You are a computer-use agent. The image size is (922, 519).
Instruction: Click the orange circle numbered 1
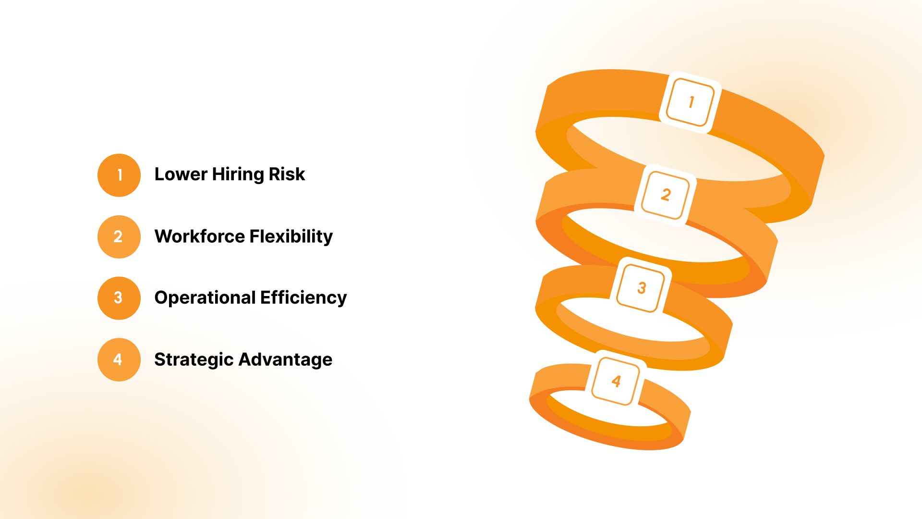point(119,175)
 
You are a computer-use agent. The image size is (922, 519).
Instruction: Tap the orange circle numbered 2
point(119,236)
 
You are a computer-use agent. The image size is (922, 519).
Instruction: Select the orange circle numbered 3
point(119,298)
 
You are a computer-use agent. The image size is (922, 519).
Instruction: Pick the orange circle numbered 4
point(119,359)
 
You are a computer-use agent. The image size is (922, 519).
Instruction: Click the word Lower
point(181,174)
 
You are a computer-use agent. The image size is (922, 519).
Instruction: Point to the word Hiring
point(238,174)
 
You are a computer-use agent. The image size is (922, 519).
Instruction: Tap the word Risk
point(287,174)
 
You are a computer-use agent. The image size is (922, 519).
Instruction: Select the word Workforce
point(199,236)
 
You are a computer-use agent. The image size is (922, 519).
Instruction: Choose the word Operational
point(205,298)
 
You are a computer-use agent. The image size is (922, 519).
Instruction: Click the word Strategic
point(194,359)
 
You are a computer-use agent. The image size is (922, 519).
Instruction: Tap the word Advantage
point(285,359)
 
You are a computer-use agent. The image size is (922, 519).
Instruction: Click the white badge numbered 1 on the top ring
point(691,102)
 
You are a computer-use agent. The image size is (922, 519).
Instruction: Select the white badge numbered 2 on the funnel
point(666,195)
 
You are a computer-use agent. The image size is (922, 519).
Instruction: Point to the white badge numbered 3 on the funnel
point(641,288)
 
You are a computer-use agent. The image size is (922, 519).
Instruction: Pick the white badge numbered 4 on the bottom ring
point(616,381)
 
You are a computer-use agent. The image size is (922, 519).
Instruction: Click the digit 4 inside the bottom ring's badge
point(616,381)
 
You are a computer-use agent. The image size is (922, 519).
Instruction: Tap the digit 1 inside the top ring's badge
point(691,102)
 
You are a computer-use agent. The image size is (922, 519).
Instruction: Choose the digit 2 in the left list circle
point(118,236)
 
